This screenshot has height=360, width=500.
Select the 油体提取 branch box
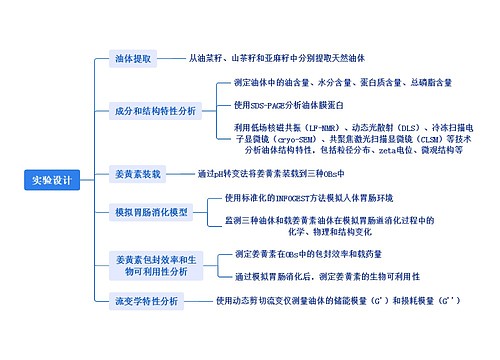(133, 59)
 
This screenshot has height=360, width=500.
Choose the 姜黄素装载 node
(138, 173)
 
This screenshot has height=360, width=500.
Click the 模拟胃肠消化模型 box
(152, 212)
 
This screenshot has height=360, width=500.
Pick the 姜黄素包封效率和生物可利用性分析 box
(150, 264)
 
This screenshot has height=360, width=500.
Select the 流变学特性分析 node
(146, 301)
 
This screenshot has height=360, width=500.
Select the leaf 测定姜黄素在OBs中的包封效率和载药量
(316, 254)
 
